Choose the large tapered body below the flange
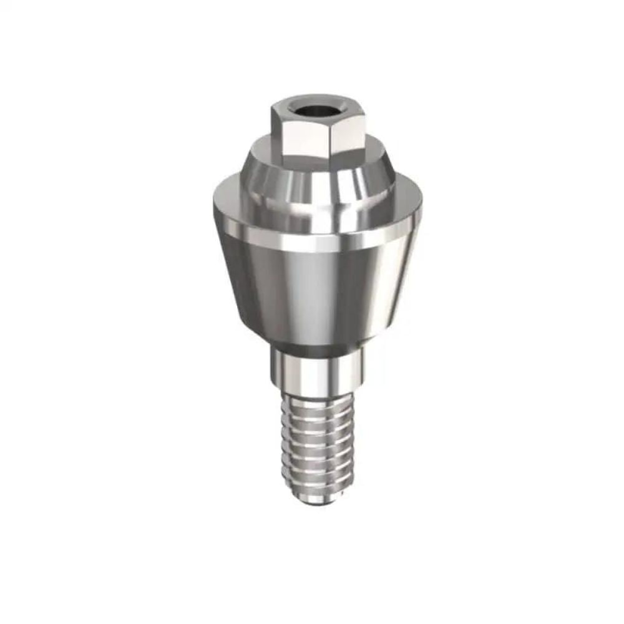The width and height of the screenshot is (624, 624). coord(312,287)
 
